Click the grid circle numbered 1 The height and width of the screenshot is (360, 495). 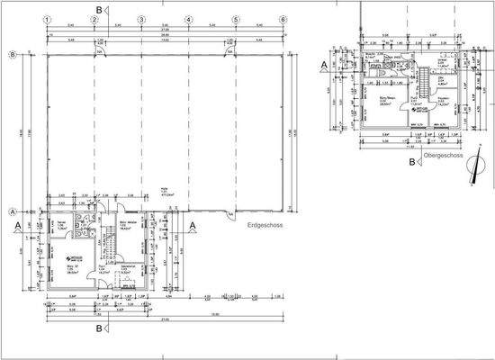(x=47, y=19)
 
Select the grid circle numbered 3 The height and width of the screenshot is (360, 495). (x=141, y=19)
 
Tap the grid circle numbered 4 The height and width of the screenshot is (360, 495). (x=188, y=19)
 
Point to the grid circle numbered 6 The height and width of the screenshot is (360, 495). (x=283, y=19)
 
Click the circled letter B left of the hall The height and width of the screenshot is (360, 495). (x=12, y=55)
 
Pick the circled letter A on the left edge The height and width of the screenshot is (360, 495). (x=12, y=211)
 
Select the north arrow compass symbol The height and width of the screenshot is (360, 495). (x=473, y=179)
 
